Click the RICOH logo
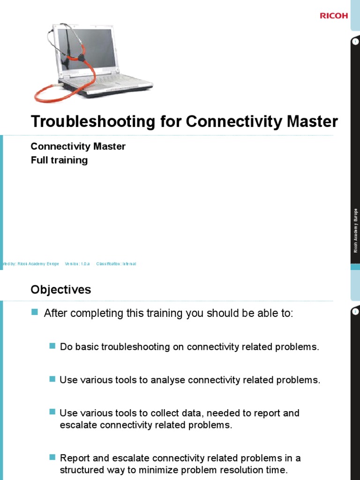pyautogui.click(x=334, y=15)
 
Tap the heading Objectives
pyautogui.click(x=61, y=290)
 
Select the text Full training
pyautogui.click(x=59, y=160)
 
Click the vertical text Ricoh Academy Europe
pyautogui.click(x=355, y=231)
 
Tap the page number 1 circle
pyautogui.click(x=355, y=42)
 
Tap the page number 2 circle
pyautogui.click(x=355, y=311)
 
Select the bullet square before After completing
pyautogui.click(x=34, y=312)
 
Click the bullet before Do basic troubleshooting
pyautogui.click(x=52, y=346)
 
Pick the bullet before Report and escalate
pyautogui.click(x=52, y=457)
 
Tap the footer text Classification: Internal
pyautogui.click(x=116, y=264)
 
